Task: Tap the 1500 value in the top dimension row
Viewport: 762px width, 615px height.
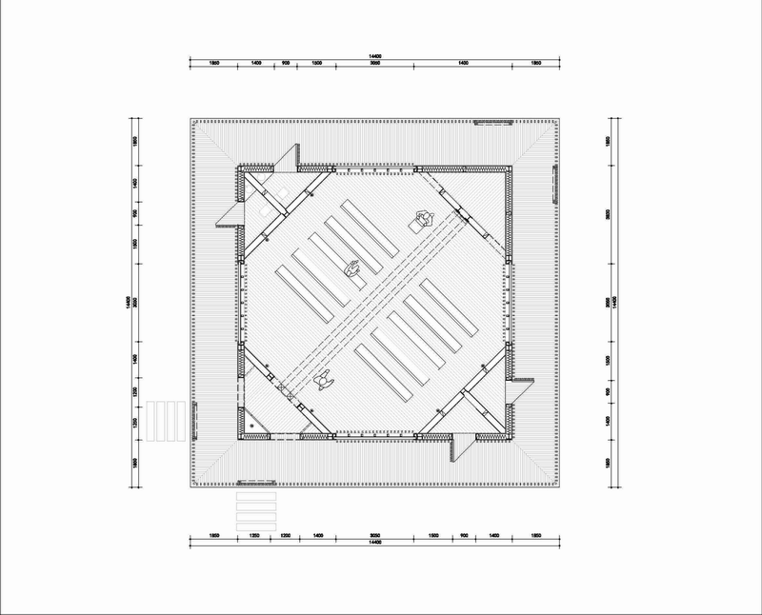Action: click(317, 63)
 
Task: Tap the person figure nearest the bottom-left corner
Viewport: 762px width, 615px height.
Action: click(323, 379)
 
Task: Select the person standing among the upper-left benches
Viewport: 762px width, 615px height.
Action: click(351, 270)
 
